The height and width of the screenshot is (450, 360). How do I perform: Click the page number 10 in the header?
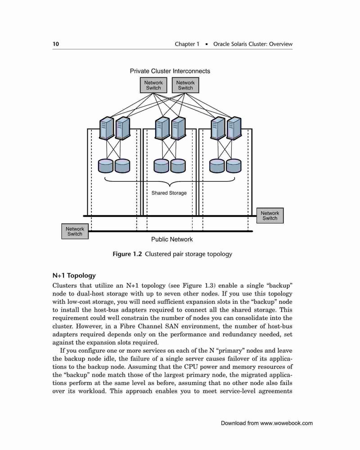point(56,44)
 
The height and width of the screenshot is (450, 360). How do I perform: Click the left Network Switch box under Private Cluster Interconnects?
point(153,85)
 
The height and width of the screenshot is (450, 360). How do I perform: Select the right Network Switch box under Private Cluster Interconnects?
point(185,85)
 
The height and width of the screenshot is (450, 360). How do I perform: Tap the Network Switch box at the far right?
point(270,216)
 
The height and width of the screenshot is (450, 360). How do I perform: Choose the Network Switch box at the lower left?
point(75,231)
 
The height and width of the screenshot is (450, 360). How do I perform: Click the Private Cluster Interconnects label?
point(170,71)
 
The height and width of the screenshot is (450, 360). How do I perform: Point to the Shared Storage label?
point(169,193)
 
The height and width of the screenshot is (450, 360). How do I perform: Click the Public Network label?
point(172,239)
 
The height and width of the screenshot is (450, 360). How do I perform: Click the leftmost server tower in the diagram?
point(107,128)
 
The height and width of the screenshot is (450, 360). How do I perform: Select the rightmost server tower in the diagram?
point(234,128)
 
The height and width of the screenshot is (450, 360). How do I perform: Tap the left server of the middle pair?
point(162,128)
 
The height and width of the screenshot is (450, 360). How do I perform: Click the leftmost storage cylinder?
point(106,166)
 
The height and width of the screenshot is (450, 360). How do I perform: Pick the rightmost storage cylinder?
point(234,166)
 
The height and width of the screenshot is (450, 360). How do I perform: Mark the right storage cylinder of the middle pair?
point(178,166)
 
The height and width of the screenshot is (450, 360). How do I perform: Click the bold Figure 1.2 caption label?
point(127,254)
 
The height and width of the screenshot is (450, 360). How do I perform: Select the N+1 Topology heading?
point(74,275)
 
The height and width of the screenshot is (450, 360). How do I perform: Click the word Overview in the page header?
point(281,44)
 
